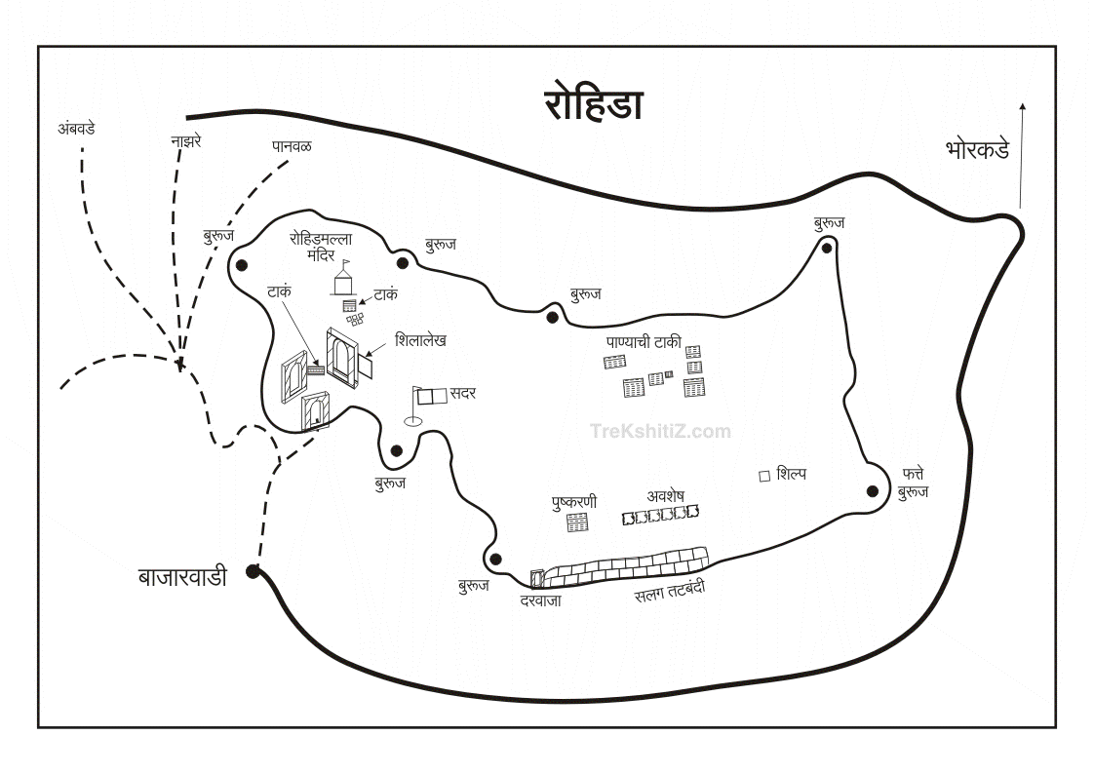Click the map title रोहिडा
[x=594, y=104]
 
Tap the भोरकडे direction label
[x=977, y=150]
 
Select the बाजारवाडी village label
[x=182, y=577]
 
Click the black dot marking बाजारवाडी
[x=253, y=571]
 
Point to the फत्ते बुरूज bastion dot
[x=873, y=490]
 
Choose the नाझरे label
[x=185, y=141]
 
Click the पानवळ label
[x=293, y=146]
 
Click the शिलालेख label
[x=421, y=340]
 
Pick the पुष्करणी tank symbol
[x=577, y=522]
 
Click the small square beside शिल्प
[x=764, y=475]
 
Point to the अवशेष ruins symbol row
[x=661, y=514]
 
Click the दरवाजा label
[x=540, y=600]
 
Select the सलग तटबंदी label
[x=670, y=591]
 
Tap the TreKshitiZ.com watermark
[x=660, y=431]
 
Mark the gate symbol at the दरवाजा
[x=535, y=579]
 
